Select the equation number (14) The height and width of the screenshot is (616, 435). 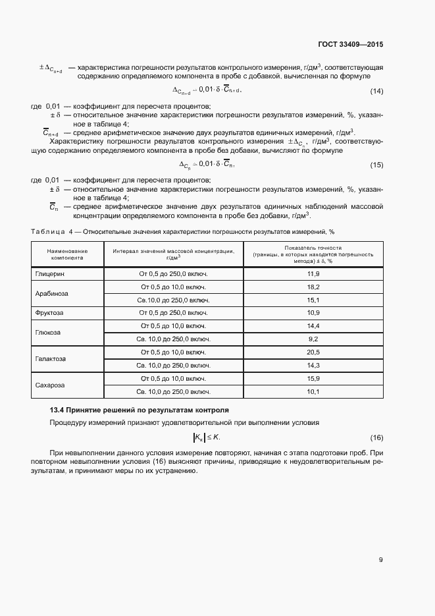tap(376, 91)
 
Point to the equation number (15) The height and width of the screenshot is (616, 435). tap(376, 165)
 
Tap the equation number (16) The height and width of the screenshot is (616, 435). tap(376, 438)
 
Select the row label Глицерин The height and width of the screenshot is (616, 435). tap(50, 273)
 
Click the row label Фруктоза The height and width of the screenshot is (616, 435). tap(50, 313)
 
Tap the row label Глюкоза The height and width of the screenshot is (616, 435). tap(48, 333)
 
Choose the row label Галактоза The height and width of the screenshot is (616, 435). tap(51, 359)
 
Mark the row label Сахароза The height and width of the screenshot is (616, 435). tap(51, 385)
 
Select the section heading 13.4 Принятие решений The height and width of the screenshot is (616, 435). tap(139, 410)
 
